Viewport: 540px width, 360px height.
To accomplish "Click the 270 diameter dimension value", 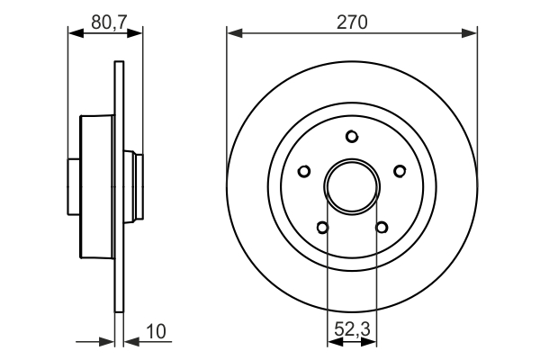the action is pos(352,22).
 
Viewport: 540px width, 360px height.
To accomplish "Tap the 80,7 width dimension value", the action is pos(110,22).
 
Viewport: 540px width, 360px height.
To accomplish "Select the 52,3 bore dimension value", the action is pos(352,329).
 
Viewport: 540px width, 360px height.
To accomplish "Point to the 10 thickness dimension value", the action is pos(156,331).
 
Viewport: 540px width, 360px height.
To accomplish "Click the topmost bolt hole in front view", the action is pos(352,137).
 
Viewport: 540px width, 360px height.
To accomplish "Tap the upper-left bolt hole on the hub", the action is pos(304,171).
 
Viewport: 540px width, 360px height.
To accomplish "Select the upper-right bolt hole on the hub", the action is pos(400,171).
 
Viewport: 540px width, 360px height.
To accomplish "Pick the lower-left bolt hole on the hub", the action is pos(322,228).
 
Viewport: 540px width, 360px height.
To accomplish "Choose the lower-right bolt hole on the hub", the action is pos(382,228).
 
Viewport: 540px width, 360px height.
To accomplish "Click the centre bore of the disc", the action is pos(352,186).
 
